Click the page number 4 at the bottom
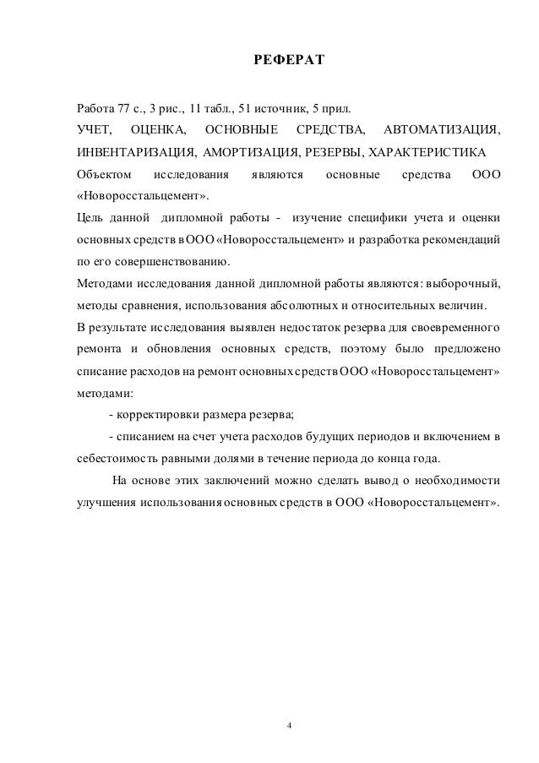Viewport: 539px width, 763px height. point(289,724)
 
